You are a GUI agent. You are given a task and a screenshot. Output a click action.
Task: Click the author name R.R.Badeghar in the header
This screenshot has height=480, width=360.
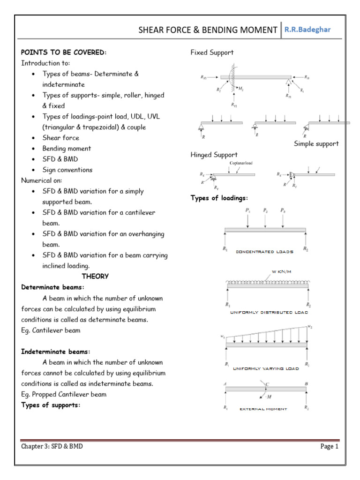(x=307, y=30)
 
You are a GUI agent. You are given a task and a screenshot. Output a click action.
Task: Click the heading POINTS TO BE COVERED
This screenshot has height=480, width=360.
(x=64, y=52)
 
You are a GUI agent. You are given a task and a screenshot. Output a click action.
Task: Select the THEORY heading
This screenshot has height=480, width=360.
(x=95, y=276)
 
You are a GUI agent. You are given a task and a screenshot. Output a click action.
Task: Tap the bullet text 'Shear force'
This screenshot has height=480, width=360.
(x=61, y=138)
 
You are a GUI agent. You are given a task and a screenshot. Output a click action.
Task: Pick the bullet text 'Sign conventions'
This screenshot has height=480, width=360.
(x=67, y=170)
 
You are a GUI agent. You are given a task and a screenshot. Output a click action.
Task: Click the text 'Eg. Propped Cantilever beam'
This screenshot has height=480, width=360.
(x=64, y=394)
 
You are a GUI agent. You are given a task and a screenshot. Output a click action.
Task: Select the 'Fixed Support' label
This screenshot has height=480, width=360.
(x=212, y=52)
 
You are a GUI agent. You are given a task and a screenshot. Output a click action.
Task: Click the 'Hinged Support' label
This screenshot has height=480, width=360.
(x=214, y=155)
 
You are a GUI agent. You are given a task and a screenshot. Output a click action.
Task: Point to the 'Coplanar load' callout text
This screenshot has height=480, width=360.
(x=242, y=164)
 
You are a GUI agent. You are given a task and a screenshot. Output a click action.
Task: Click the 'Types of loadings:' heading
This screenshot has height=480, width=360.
(x=218, y=198)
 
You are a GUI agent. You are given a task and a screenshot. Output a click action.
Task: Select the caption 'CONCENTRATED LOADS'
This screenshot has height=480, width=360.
(x=264, y=252)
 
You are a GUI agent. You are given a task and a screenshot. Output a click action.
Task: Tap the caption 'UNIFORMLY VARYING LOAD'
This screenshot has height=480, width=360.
(x=265, y=369)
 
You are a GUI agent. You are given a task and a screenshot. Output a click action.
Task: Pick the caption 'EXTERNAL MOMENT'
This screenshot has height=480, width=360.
(x=263, y=409)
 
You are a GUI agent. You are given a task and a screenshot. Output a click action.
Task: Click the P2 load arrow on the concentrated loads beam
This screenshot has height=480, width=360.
(x=266, y=218)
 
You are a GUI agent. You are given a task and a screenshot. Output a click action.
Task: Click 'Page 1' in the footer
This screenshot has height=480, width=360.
(x=329, y=447)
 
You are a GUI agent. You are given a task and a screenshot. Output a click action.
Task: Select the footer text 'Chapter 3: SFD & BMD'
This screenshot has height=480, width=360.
(x=52, y=447)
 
